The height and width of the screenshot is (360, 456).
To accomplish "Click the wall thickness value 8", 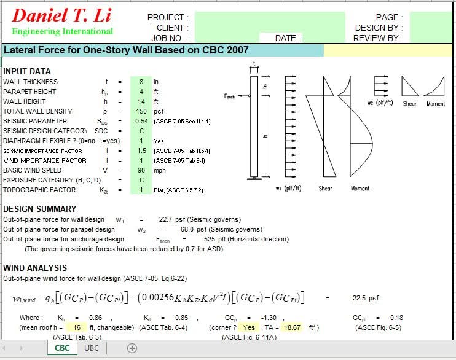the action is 141,82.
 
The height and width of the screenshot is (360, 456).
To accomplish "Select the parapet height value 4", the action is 141,92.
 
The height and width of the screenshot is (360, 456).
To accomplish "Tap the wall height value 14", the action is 141,101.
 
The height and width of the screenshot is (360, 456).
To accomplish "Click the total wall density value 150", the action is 141,111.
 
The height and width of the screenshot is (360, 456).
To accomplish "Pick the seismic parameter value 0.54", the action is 141,121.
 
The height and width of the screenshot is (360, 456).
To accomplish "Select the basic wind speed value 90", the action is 141,170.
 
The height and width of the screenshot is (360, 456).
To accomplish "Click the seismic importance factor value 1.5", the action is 141,151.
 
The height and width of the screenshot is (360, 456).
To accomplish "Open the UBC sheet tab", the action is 92,348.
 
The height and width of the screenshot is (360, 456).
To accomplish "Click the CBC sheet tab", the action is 62,348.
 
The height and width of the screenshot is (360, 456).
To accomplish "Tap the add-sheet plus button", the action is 132,348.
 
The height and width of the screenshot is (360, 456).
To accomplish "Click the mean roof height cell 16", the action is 77,327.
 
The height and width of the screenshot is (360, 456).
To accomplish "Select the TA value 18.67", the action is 292,327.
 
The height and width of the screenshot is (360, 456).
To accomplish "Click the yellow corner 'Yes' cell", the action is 249,327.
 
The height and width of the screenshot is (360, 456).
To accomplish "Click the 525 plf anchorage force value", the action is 210,240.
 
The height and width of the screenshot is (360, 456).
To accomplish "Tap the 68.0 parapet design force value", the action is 187,229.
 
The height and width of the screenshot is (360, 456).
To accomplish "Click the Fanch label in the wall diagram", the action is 229,96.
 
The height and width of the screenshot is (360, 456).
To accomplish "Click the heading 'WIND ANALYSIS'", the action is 35,268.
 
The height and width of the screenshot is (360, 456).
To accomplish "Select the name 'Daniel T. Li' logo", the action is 61,15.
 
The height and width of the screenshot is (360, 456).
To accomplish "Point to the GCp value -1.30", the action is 269,318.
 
